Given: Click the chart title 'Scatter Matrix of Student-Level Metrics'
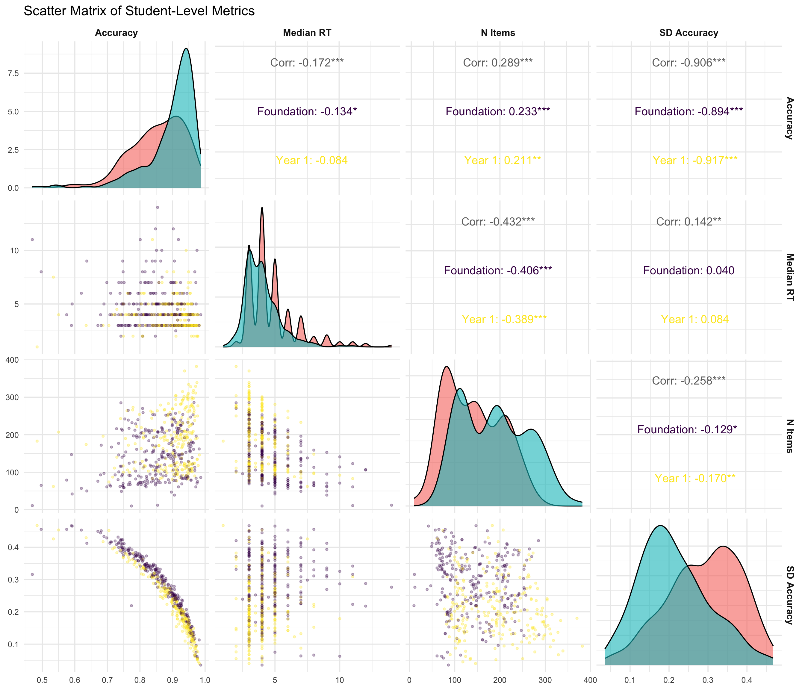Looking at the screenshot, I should pyautogui.click(x=139, y=11).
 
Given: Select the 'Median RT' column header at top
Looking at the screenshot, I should pyautogui.click(x=307, y=33).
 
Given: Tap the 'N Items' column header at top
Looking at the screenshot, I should pyautogui.click(x=498, y=33).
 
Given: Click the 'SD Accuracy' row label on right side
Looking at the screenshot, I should pyautogui.click(x=789, y=594).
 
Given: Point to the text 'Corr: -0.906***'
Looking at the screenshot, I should pyautogui.click(x=689, y=63).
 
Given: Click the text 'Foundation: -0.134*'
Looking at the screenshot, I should pyautogui.click(x=307, y=111).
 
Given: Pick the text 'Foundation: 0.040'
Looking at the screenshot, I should pyautogui.click(x=689, y=270).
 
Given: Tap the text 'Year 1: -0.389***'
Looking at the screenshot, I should pyautogui.click(x=504, y=319).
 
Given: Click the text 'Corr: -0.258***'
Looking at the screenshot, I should pyautogui.click(x=689, y=381).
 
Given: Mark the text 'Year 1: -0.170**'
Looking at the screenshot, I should pyautogui.click(x=695, y=478).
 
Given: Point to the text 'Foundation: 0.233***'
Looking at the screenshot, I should pyautogui.click(x=498, y=111).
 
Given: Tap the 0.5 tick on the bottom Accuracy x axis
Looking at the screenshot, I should pyautogui.click(x=42, y=680).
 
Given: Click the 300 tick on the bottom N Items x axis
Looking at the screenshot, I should pyautogui.click(x=545, y=680).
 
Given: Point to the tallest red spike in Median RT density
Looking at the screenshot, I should pyautogui.click(x=262, y=208).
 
